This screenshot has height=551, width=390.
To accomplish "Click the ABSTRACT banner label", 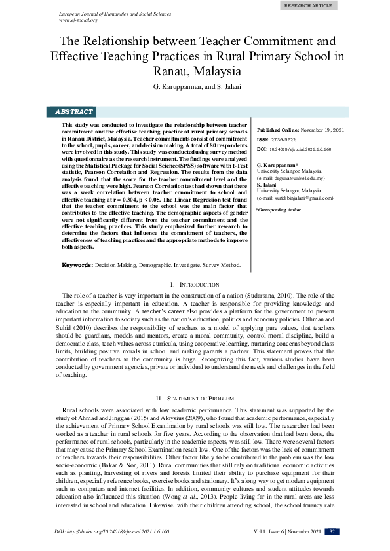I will [74, 112].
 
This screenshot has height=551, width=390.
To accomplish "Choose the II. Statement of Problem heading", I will [194, 398].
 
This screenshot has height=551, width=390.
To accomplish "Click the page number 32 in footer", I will [334, 531].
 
